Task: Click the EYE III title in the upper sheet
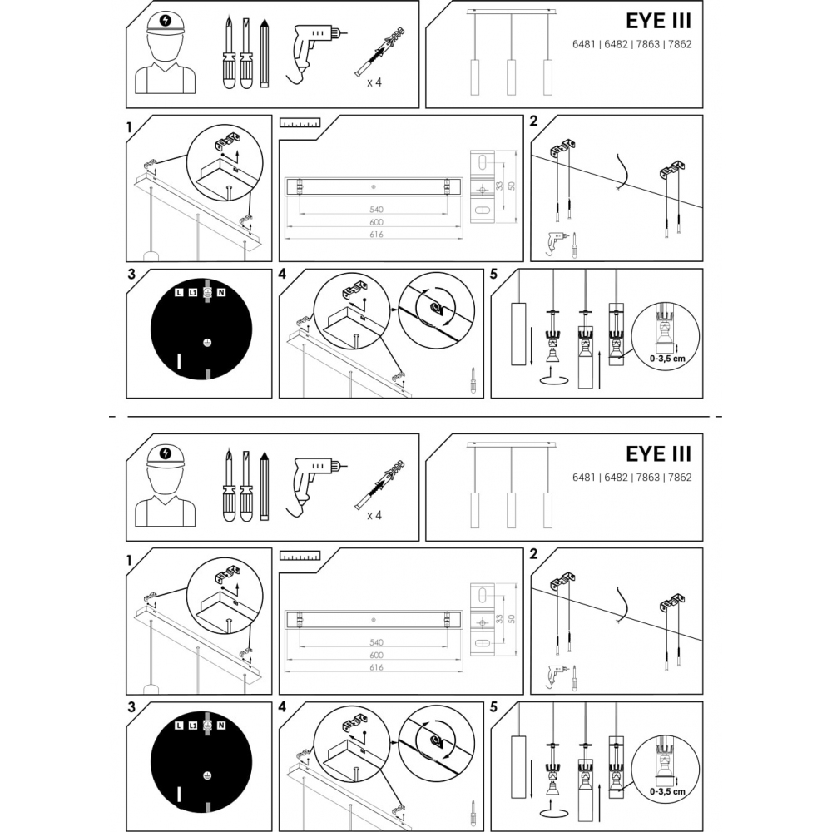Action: click(x=657, y=21)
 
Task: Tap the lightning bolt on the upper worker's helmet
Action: click(x=166, y=21)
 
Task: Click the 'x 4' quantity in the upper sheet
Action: click(x=374, y=82)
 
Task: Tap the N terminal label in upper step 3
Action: click(x=221, y=293)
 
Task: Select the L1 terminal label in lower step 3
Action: click(x=192, y=726)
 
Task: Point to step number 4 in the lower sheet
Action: click(x=283, y=707)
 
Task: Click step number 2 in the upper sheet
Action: click(x=533, y=121)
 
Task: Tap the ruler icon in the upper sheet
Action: click(x=300, y=123)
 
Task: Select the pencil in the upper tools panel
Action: click(x=265, y=54)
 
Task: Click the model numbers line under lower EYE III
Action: click(x=631, y=478)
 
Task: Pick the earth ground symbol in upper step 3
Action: click(x=207, y=342)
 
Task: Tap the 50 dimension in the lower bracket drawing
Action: click(x=512, y=617)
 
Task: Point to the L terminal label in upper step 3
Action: click(x=178, y=293)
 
